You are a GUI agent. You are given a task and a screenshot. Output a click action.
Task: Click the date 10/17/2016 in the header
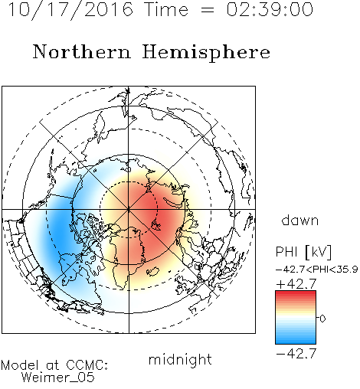click(x=70, y=10)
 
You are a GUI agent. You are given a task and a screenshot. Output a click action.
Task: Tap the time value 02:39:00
click(x=270, y=10)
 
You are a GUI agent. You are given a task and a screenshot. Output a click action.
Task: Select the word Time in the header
click(x=166, y=10)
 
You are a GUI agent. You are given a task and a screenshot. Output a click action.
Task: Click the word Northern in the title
click(x=82, y=51)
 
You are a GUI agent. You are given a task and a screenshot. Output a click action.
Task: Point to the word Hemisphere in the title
click(x=206, y=53)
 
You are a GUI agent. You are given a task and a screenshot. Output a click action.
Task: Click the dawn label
click(x=300, y=220)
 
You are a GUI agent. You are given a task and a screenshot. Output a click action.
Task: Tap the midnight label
click(x=180, y=359)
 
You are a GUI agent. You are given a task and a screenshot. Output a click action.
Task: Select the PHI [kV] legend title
click(x=304, y=252)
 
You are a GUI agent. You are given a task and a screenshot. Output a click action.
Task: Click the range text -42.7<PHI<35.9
click(x=317, y=270)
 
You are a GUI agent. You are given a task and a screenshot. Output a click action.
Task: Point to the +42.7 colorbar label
click(x=296, y=284)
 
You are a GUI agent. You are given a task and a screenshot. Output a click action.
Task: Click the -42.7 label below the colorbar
click(x=296, y=354)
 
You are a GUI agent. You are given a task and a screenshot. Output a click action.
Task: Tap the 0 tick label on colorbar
click(x=322, y=319)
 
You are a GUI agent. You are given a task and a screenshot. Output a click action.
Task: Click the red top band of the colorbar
click(x=296, y=294)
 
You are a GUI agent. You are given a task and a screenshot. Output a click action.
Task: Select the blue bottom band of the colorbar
click(x=296, y=341)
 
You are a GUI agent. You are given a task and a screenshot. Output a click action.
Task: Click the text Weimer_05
click(x=58, y=378)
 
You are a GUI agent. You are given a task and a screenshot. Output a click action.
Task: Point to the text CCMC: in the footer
click(x=87, y=365)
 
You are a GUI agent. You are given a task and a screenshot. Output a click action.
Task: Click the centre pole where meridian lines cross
click(x=129, y=210)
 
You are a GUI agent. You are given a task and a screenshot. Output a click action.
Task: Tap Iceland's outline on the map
click(x=152, y=272)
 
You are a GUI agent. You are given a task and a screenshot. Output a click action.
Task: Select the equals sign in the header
click(x=208, y=10)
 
